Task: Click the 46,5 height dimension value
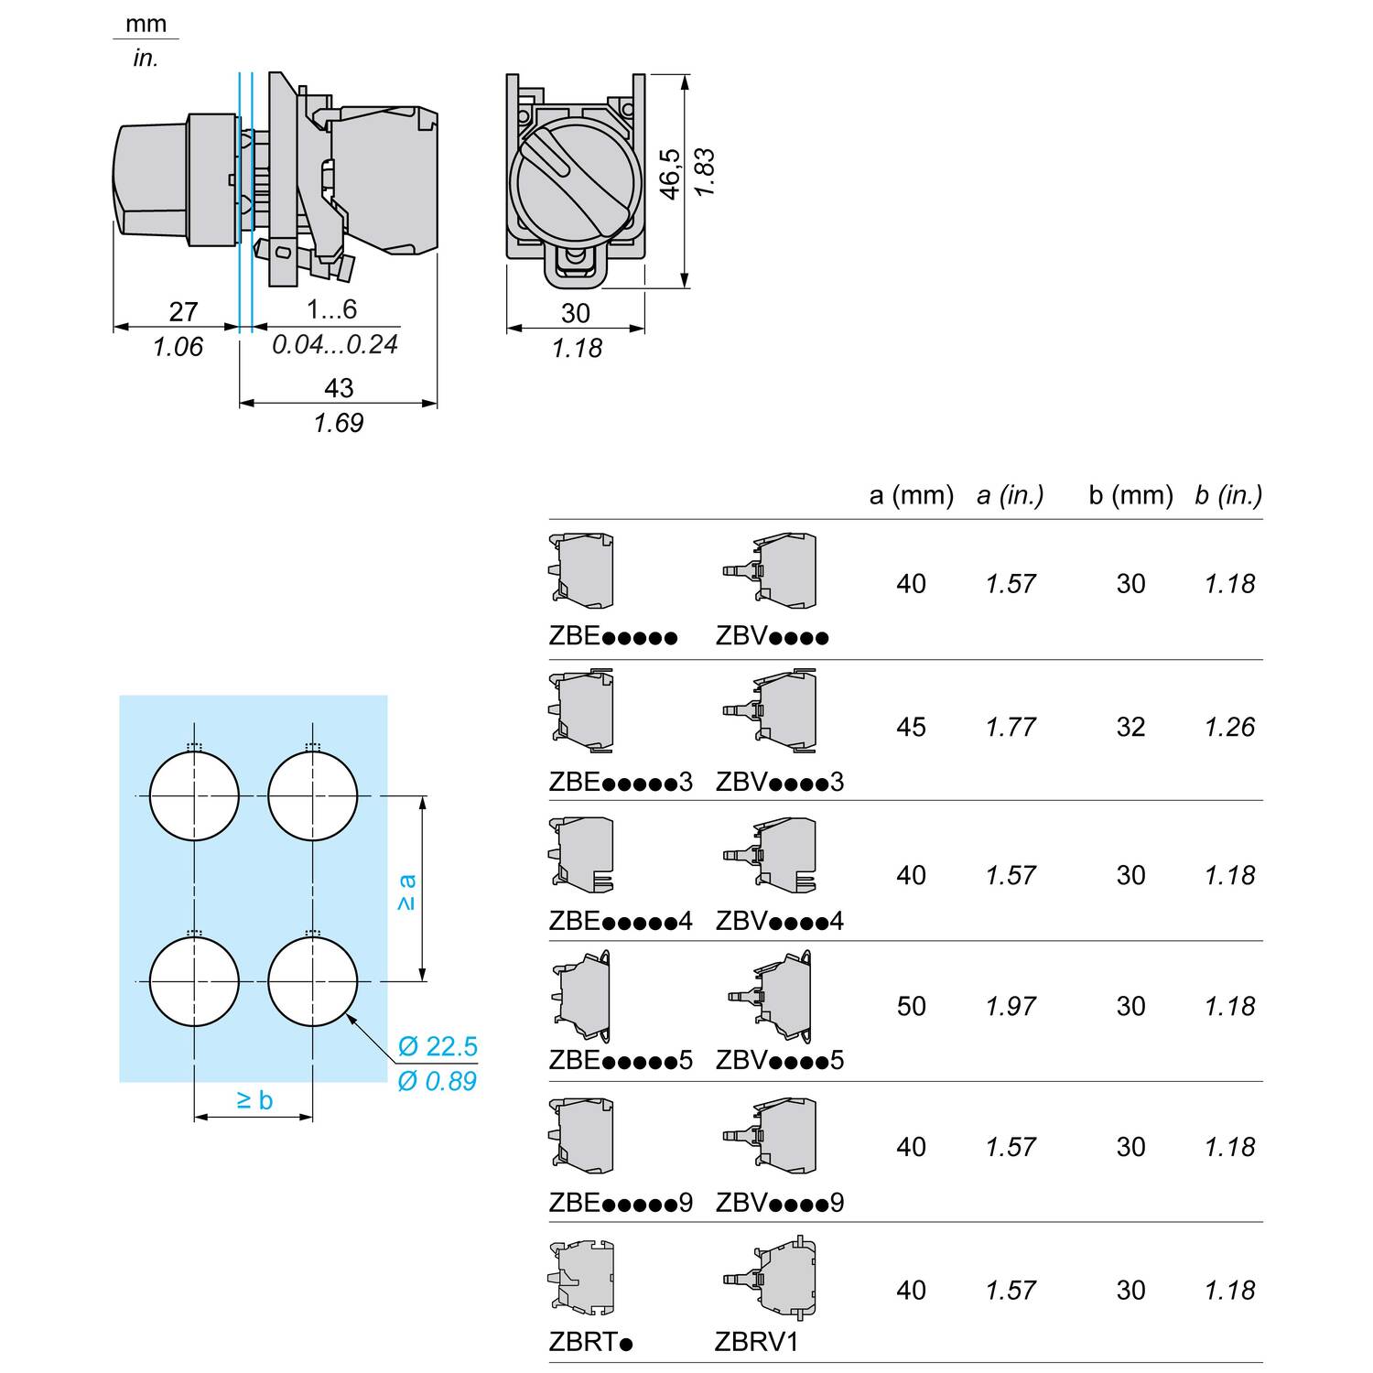click(670, 173)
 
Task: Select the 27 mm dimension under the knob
click(183, 312)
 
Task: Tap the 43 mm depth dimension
click(338, 388)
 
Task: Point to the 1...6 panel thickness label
click(331, 309)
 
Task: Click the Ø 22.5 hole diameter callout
click(438, 1046)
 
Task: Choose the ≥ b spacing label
click(254, 1099)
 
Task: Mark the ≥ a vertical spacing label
click(407, 892)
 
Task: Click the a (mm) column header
click(911, 495)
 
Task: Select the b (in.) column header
click(1228, 495)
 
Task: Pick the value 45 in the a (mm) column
click(911, 727)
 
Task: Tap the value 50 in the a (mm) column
click(911, 1006)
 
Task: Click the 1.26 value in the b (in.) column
click(1229, 727)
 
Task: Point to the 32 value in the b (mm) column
click(1130, 727)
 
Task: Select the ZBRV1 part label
click(757, 1342)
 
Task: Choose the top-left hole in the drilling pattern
click(194, 795)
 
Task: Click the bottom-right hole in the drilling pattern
click(313, 981)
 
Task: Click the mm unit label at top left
click(146, 23)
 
